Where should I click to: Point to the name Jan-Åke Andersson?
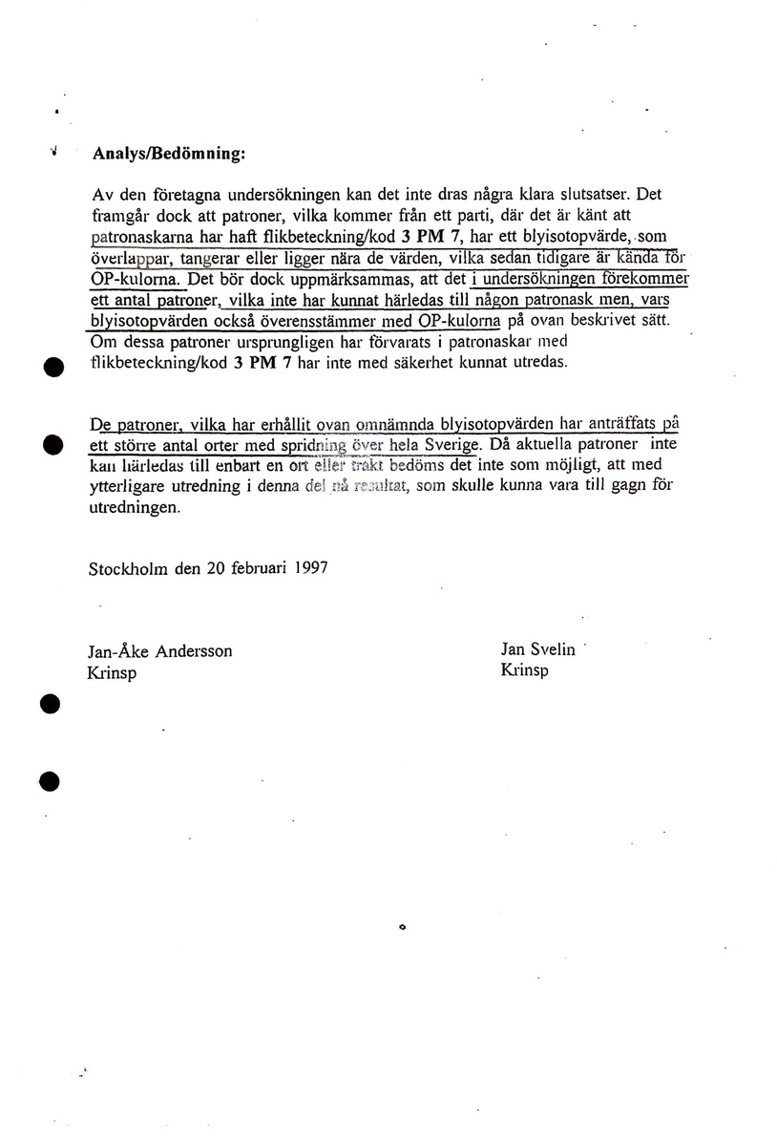[x=160, y=651]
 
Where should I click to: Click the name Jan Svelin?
[x=538, y=650]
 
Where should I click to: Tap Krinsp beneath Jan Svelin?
[x=524, y=670]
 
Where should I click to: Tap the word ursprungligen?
[x=241, y=343]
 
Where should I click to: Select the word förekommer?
[x=639, y=280]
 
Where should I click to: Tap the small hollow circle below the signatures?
[x=403, y=925]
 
